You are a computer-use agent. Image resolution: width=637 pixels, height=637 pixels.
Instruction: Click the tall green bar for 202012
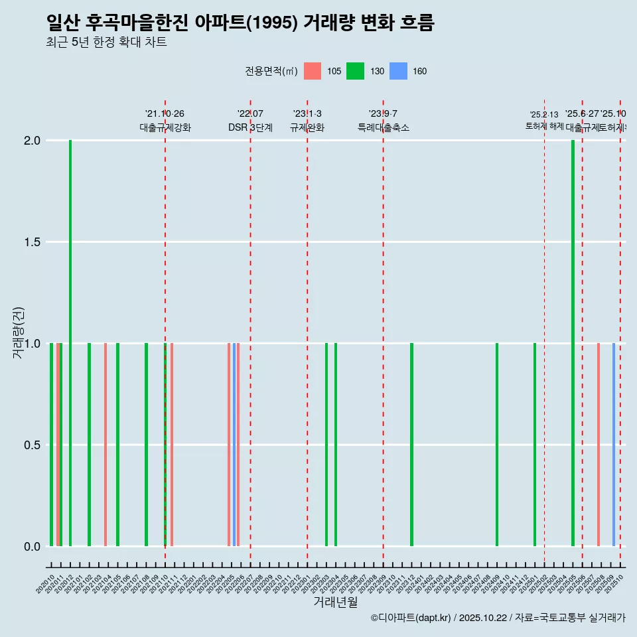pos(70,343)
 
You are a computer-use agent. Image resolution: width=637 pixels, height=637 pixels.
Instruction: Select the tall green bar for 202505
pos(573,343)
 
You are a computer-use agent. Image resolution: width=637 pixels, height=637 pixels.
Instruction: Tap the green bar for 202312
pos(411,445)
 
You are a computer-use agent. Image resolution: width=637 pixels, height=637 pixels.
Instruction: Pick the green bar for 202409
pos(497,445)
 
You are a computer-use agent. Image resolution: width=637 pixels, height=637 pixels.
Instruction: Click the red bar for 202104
pos(106,445)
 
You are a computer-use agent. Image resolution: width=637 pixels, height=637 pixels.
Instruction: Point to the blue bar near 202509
pos(614,445)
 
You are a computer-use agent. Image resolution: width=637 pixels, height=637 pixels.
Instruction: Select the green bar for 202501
pos(535,445)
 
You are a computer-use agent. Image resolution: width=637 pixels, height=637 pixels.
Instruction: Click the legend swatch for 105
pos(313,72)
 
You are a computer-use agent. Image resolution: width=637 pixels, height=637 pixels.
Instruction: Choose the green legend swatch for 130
pos(355,72)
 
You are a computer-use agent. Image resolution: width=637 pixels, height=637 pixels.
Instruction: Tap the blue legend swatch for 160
pos(397,72)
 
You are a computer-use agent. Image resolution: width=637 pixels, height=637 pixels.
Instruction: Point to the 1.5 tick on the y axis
pos(33,242)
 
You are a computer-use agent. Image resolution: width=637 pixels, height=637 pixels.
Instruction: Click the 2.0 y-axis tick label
pos(33,141)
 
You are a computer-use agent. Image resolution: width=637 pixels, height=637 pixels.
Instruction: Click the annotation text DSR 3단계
pos(250,128)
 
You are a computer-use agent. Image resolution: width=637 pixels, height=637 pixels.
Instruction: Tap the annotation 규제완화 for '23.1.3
pos(307,128)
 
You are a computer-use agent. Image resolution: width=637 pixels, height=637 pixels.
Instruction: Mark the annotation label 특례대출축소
pos(384,128)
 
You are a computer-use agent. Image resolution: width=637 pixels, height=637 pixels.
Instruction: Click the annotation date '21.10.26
pos(165,114)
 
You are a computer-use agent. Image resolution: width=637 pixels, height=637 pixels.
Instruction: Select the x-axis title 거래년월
pos(335,602)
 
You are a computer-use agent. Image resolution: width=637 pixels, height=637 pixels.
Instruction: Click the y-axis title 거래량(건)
pos(18,333)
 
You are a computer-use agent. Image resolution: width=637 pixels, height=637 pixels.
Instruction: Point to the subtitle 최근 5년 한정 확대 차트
pos(106,42)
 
